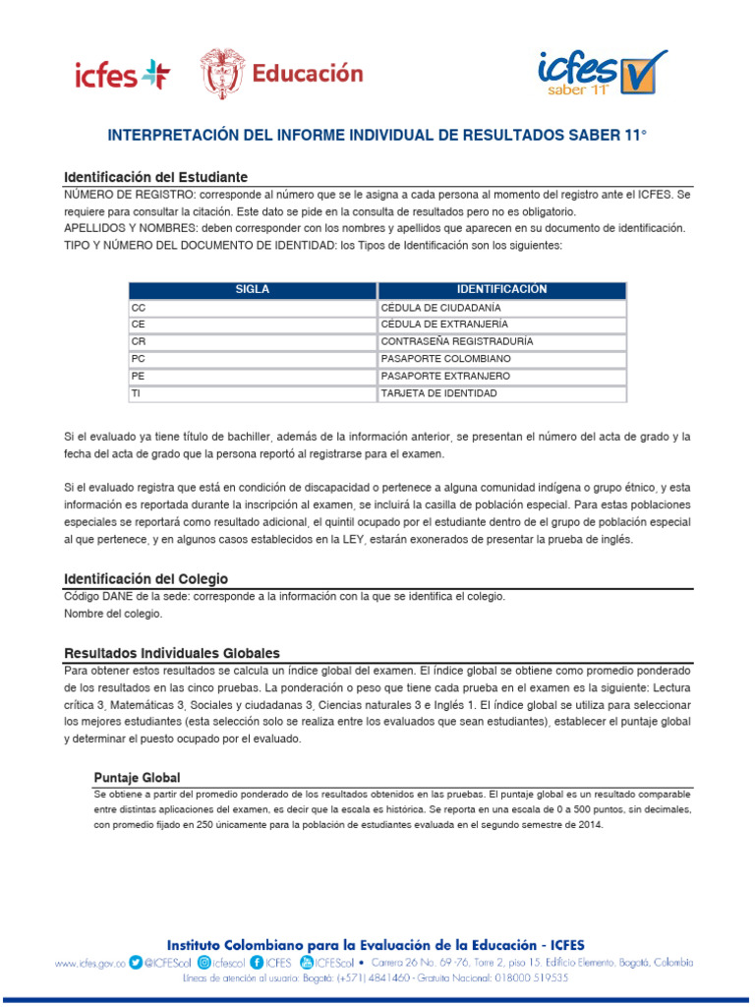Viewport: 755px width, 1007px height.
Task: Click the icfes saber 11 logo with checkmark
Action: [602, 73]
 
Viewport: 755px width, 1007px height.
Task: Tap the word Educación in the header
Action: [308, 74]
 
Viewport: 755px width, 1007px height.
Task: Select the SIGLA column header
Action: [252, 290]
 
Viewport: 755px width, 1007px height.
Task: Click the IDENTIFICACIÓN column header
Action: [501, 290]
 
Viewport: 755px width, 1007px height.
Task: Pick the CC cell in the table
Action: [252, 308]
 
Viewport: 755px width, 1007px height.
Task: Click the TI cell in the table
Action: [252, 393]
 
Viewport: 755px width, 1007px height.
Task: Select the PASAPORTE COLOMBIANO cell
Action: [501, 359]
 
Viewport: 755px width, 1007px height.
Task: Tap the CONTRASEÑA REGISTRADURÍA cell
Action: [501, 341]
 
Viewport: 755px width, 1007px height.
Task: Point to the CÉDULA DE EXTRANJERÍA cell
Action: [501, 325]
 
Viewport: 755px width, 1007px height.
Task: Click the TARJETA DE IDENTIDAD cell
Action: [501, 393]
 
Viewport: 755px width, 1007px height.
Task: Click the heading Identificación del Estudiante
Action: [155, 177]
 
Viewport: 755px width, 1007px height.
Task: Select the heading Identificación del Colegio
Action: [145, 579]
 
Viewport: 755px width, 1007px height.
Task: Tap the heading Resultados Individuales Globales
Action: [171, 653]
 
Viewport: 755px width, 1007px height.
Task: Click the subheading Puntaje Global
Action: [137, 777]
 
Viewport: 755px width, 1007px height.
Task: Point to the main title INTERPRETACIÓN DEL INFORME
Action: [377, 133]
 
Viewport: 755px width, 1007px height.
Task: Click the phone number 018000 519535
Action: [533, 978]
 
